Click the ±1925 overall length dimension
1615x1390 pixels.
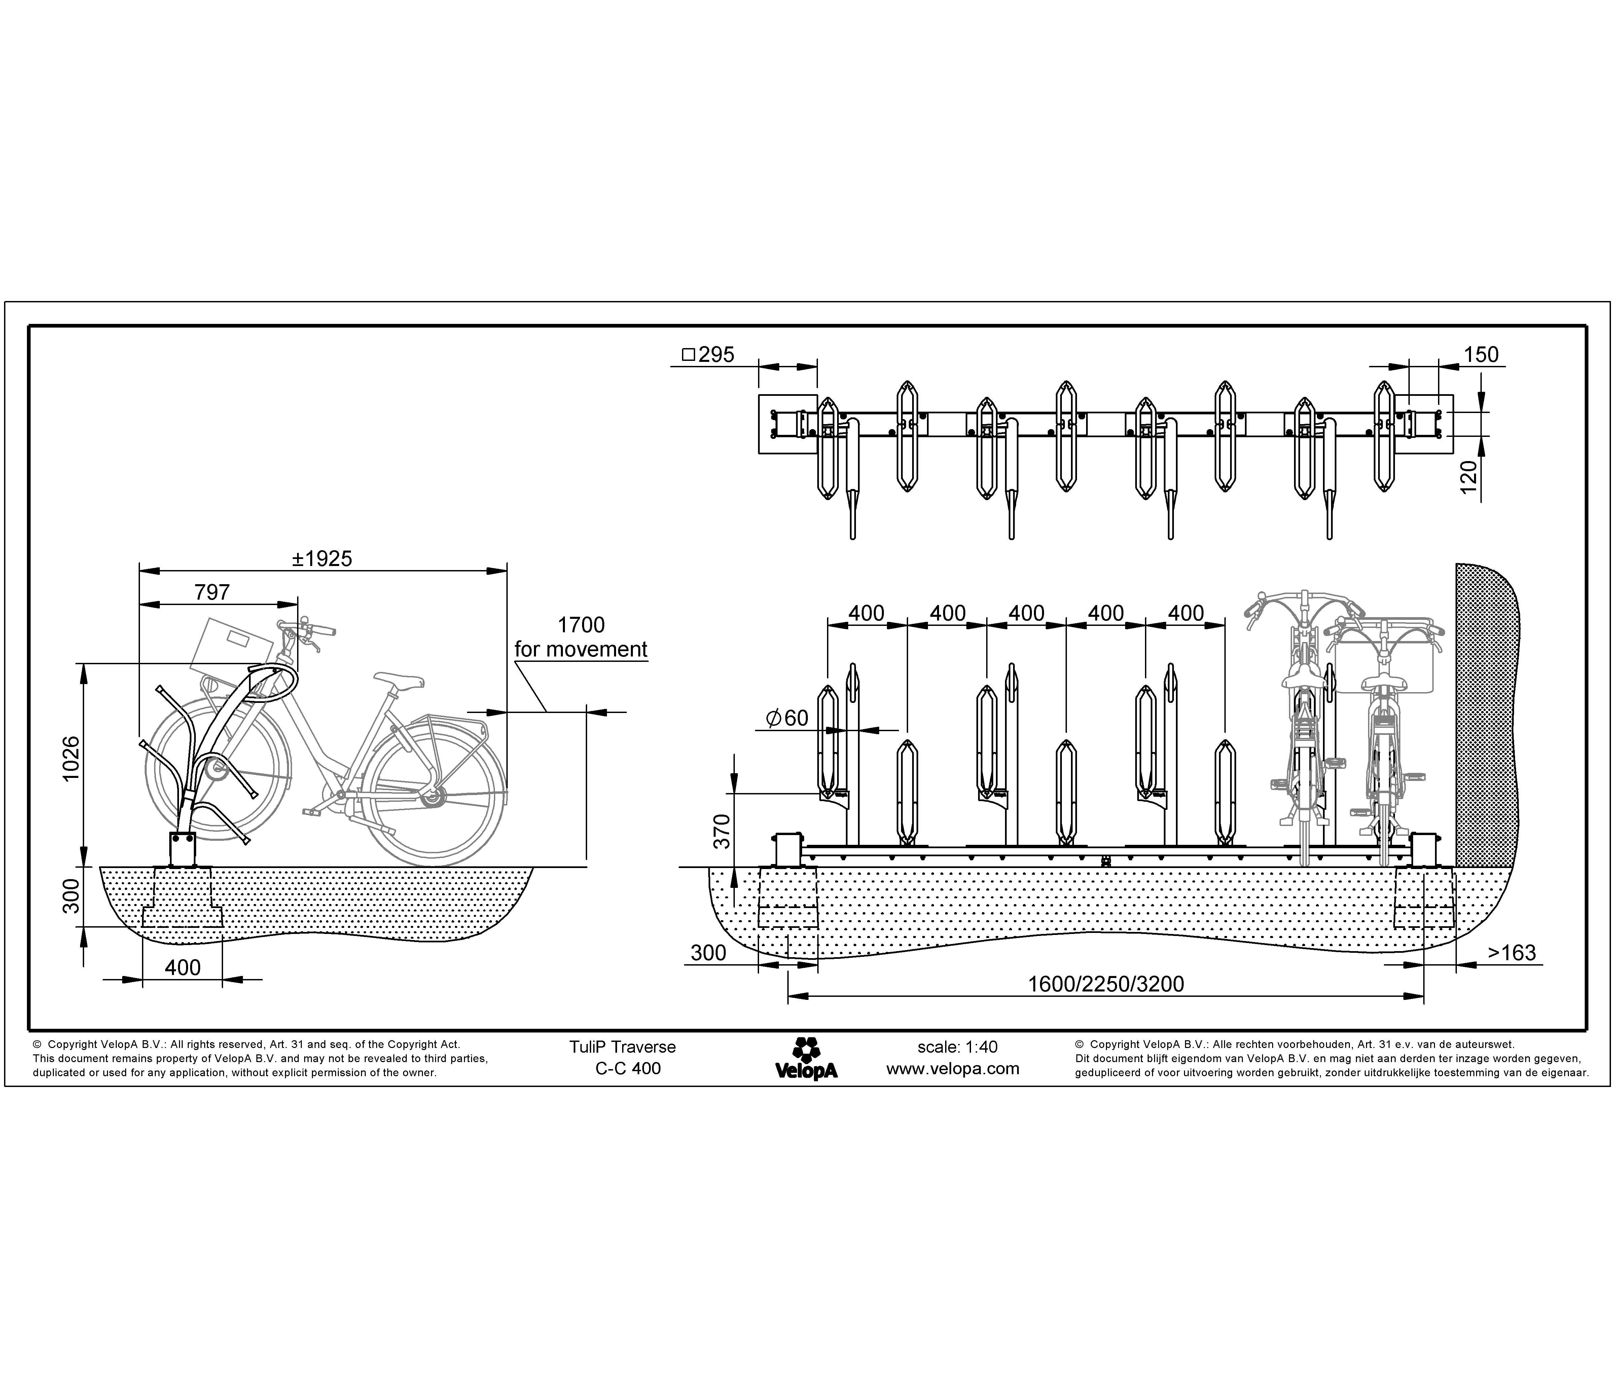(322, 559)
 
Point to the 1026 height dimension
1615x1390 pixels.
(71, 760)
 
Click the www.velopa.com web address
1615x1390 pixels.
(953, 1069)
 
